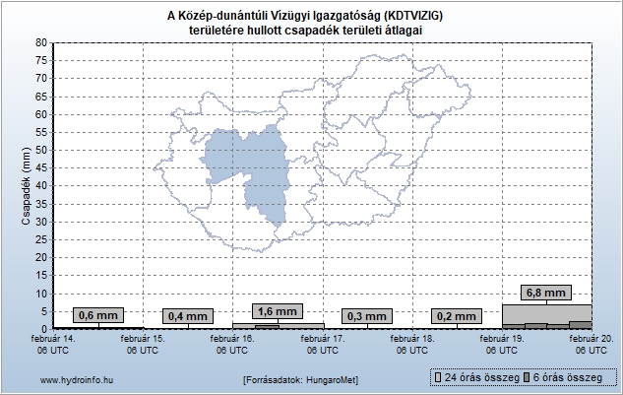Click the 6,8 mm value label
tap(546, 293)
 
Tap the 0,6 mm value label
tap(97, 315)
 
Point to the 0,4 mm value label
tap(188, 316)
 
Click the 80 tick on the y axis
tap(39, 42)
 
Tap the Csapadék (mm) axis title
tap(28, 185)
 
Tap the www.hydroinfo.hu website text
tap(75, 379)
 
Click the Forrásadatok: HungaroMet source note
tap(300, 379)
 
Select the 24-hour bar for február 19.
tap(546, 315)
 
